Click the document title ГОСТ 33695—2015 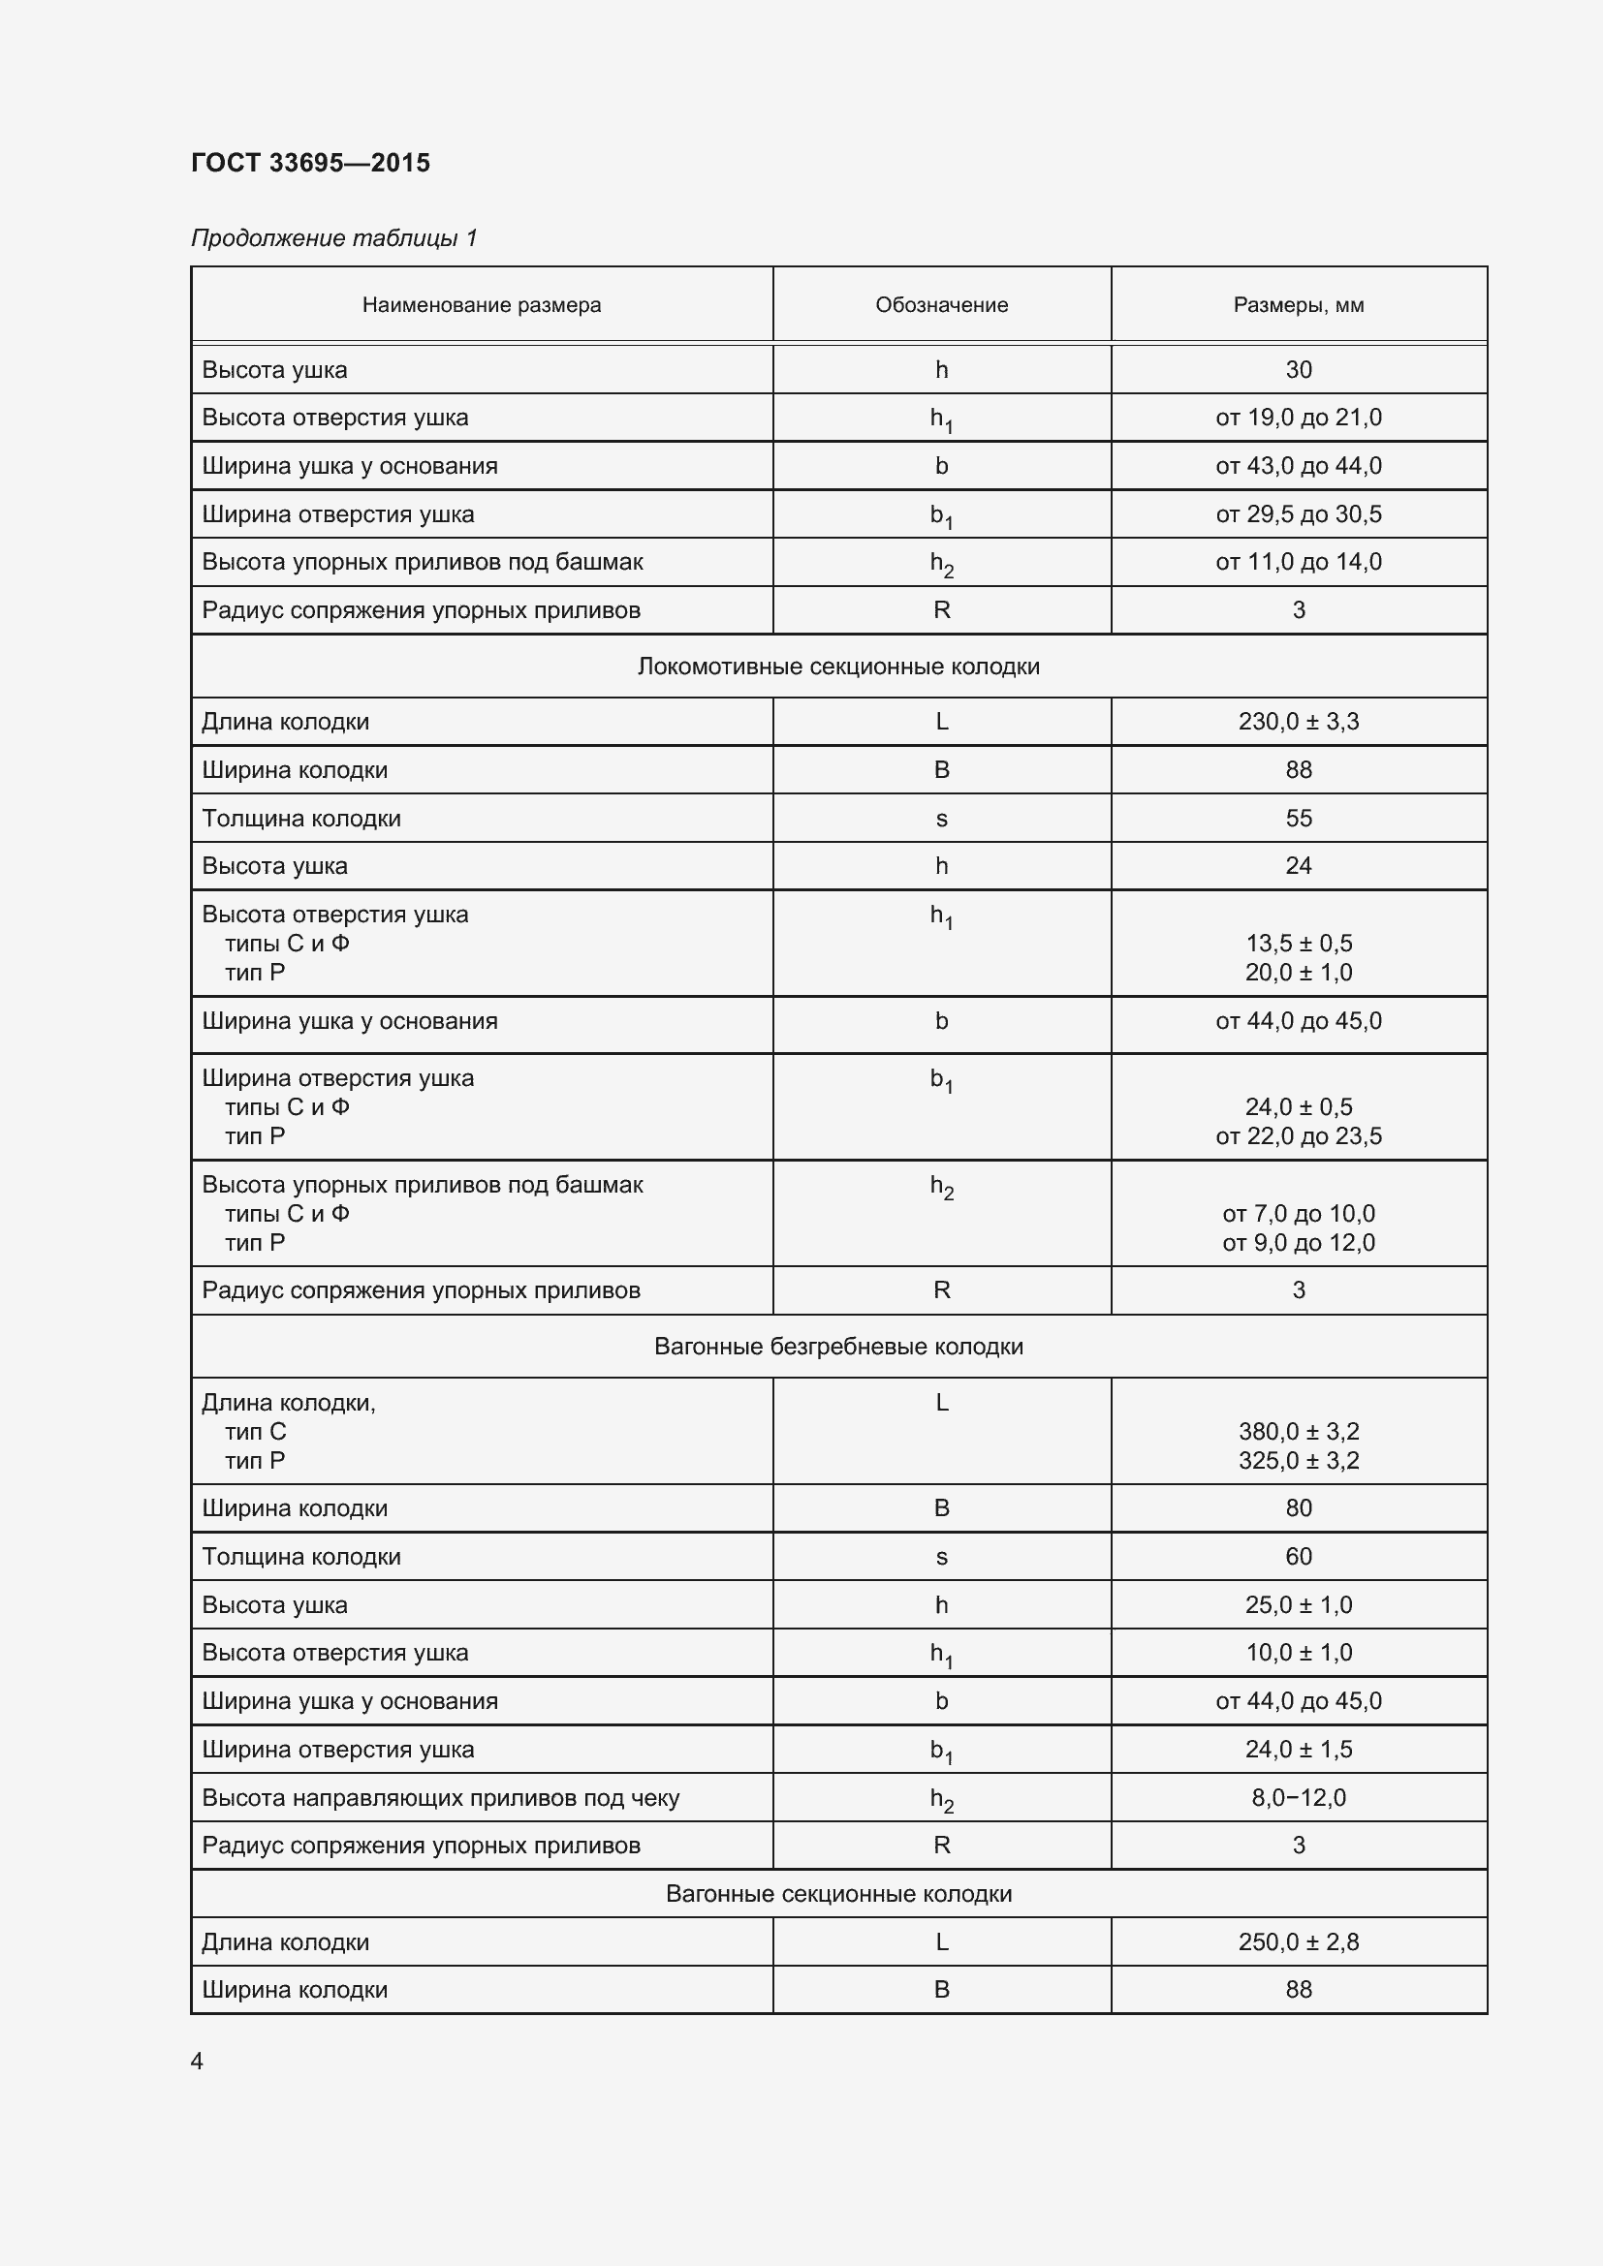pos(310,163)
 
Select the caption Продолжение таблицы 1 pos(333,238)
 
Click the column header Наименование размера pos(481,305)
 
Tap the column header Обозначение pos(941,305)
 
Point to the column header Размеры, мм pos(1298,305)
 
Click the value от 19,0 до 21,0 pos(1298,418)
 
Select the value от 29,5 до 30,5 pos(1298,514)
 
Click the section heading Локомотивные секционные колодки pos(838,667)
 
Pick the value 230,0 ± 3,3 pos(1298,722)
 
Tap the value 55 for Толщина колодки pos(1298,819)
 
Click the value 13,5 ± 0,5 pos(1298,944)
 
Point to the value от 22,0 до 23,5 pos(1298,1136)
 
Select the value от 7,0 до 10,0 pos(1298,1214)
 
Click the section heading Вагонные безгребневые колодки pos(838,1347)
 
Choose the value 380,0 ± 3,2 pos(1298,1431)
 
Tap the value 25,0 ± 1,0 pos(1298,1604)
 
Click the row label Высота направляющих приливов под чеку pos(440,1797)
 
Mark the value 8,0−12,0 pos(1298,1797)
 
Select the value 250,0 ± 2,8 pos(1298,1941)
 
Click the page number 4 pos(198,2061)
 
